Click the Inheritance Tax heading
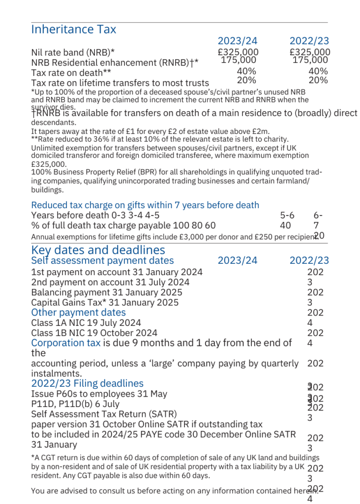coord(74,29)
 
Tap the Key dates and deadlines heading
coord(98,250)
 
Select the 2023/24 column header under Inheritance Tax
coord(238,41)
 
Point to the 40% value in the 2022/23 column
coord(318,71)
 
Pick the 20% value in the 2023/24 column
coord(246,80)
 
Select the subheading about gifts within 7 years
coord(145,205)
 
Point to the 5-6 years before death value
coord(287,215)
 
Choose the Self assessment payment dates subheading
coord(102,260)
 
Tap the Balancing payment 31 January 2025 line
coord(106,292)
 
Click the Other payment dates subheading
coord(78,313)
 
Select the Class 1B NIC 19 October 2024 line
coord(94,333)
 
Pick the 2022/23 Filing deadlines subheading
coord(87,383)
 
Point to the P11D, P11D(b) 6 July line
coord(75,404)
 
